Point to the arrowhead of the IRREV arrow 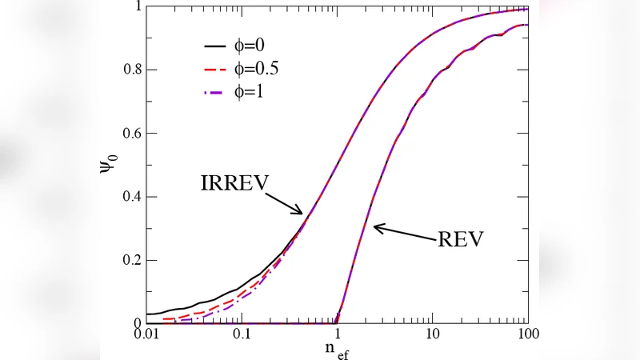click(x=302, y=213)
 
